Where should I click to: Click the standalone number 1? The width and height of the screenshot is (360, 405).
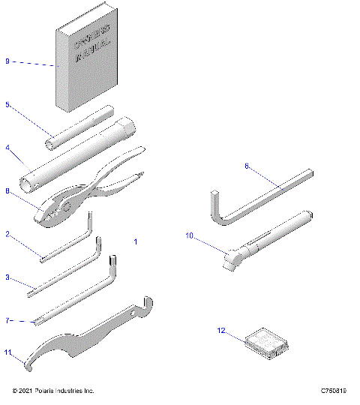pos(136,242)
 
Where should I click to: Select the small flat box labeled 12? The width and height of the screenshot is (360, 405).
pos(266,341)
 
